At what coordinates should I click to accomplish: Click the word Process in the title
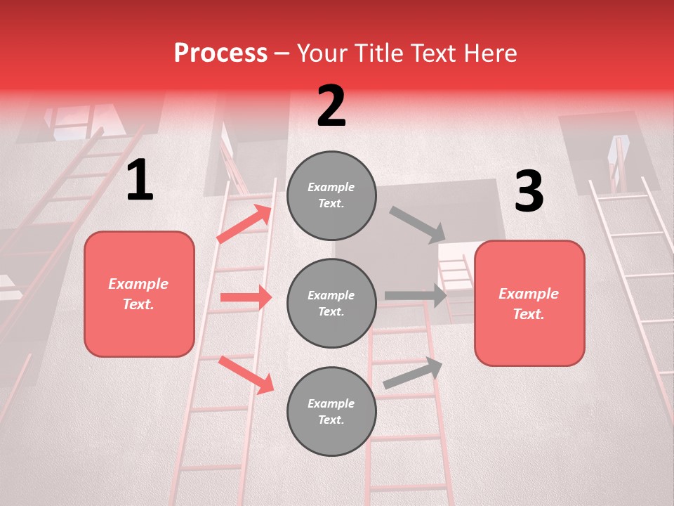tap(220, 53)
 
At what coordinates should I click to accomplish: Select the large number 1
tap(140, 181)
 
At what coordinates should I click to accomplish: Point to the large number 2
tap(331, 106)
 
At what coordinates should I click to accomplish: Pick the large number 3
tap(529, 192)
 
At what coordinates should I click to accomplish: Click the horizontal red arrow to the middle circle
tap(246, 297)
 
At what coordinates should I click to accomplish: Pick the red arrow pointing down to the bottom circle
tap(246, 375)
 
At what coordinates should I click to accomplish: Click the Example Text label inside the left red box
tap(139, 294)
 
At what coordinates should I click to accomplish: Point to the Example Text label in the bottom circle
tap(331, 411)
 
